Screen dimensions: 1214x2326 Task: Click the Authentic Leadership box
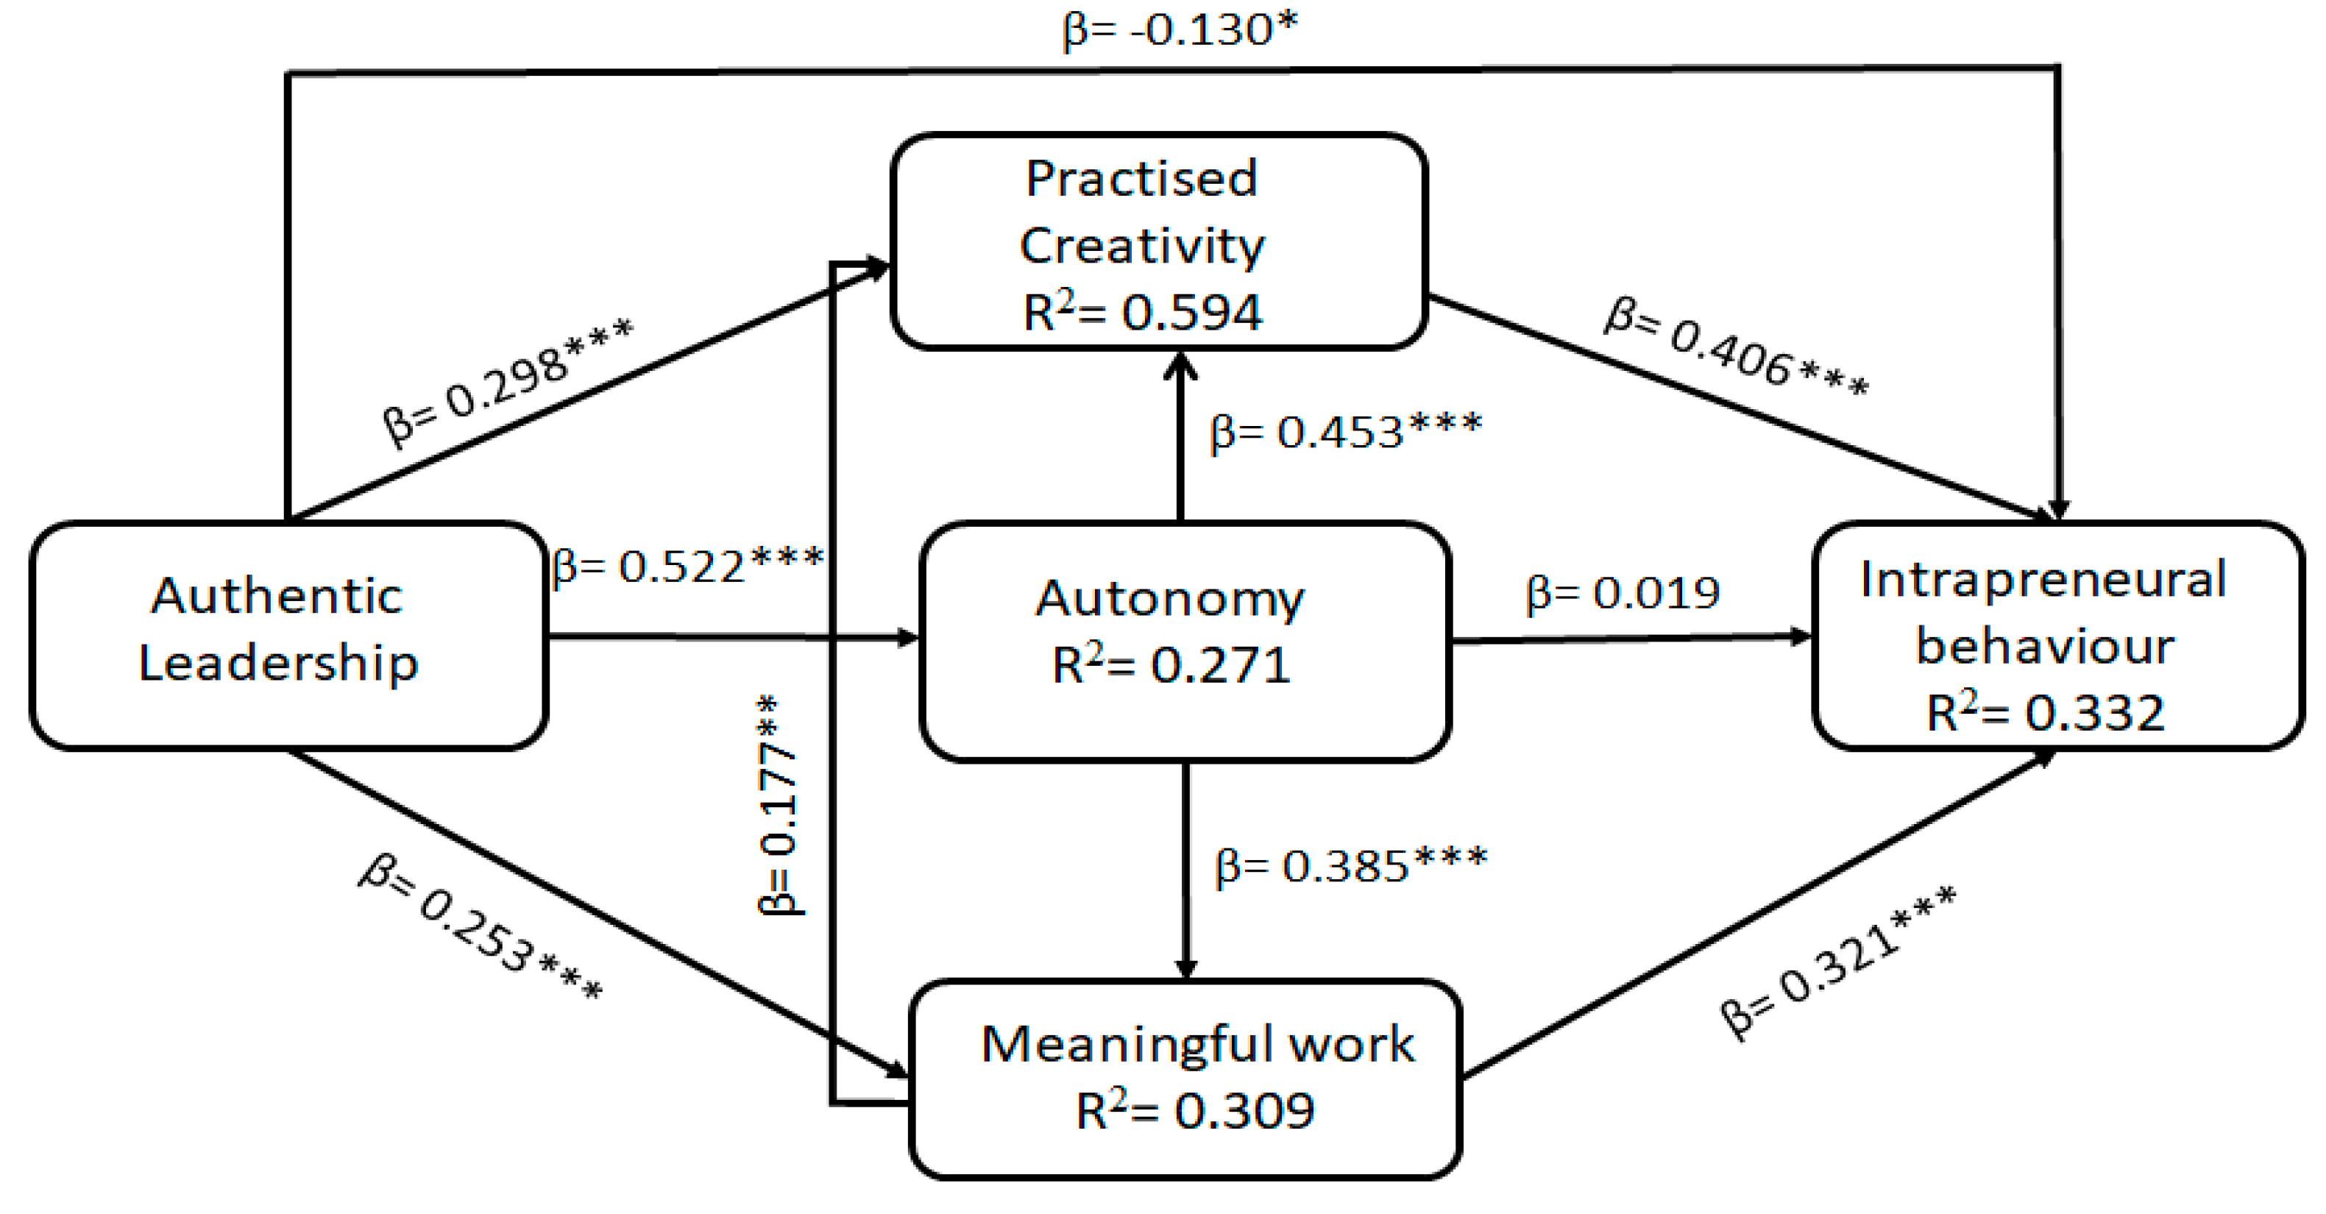tap(287, 636)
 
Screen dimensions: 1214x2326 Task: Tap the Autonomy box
tap(1184, 640)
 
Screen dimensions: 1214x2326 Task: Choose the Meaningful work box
tap(1184, 1078)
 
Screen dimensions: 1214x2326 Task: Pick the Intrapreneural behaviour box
tap(2056, 636)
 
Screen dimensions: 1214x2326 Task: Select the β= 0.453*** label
tap(1345, 430)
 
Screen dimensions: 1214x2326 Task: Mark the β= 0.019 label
tap(1622, 593)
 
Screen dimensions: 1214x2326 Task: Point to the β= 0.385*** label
tap(1351, 865)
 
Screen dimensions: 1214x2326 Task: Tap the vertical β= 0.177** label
tap(779, 805)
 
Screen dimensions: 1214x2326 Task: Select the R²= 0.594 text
tap(1142, 312)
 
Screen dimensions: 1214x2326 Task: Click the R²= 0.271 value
tap(1171, 666)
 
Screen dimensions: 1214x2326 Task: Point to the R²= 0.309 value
tap(1194, 1110)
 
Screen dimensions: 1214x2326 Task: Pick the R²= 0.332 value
tap(2045, 713)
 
